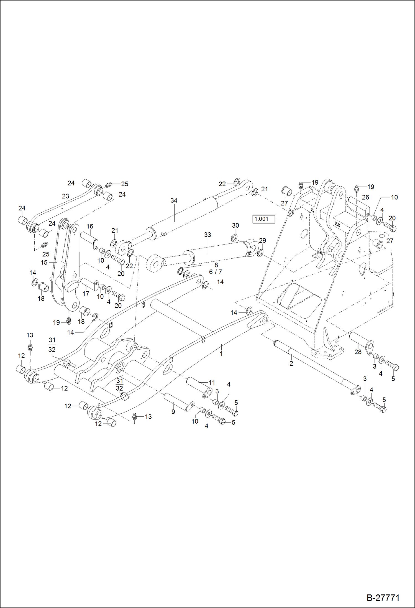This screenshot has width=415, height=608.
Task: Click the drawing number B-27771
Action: coord(383,597)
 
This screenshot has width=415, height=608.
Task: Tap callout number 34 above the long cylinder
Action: coord(174,200)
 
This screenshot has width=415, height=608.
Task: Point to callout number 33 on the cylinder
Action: coord(207,235)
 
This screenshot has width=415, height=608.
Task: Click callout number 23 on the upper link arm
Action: coord(65,196)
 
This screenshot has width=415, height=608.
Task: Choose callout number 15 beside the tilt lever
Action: coord(44,262)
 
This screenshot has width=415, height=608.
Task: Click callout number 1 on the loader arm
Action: coord(221,353)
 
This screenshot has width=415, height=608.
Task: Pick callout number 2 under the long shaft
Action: coord(291,363)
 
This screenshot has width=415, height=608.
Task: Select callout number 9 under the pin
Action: coord(173,412)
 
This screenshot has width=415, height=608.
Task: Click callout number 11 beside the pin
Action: coord(212,383)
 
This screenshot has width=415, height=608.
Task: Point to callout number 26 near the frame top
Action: coord(365,197)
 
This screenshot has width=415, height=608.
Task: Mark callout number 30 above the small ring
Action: coord(235,225)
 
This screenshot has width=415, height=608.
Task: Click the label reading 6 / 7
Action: coord(215,272)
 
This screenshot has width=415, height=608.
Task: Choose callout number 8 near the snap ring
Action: coord(216,265)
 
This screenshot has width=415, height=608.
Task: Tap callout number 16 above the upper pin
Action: coord(90,227)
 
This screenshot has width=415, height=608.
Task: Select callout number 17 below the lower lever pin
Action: coord(86,293)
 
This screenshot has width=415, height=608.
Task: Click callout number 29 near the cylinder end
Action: coord(262,240)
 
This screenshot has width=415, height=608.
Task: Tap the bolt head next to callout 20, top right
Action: coord(393,228)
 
